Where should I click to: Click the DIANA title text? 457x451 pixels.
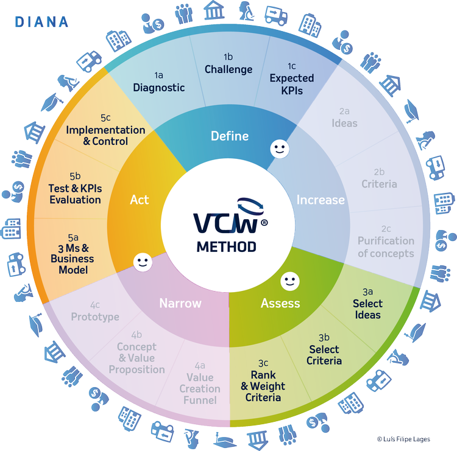coord(41,22)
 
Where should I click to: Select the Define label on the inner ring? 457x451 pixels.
coord(230,136)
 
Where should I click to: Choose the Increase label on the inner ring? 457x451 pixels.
coord(321,200)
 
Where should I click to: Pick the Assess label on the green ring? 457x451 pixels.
coord(280,302)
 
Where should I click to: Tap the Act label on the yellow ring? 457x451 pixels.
coord(140,200)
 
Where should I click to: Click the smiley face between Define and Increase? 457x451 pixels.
coord(279,149)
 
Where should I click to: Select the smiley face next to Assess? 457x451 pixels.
coord(289,282)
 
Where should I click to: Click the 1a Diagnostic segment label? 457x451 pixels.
coord(158,82)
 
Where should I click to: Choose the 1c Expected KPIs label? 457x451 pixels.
coord(291,79)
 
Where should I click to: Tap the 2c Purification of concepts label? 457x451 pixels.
coord(386,241)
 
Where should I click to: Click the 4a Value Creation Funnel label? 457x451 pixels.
coord(200,383)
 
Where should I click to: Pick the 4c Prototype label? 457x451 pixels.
coord(95,311)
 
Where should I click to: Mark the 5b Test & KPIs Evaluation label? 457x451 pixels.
coord(75,188)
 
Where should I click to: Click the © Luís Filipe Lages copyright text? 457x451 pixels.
coord(403,439)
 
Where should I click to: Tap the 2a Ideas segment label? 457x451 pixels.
coord(344,117)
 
